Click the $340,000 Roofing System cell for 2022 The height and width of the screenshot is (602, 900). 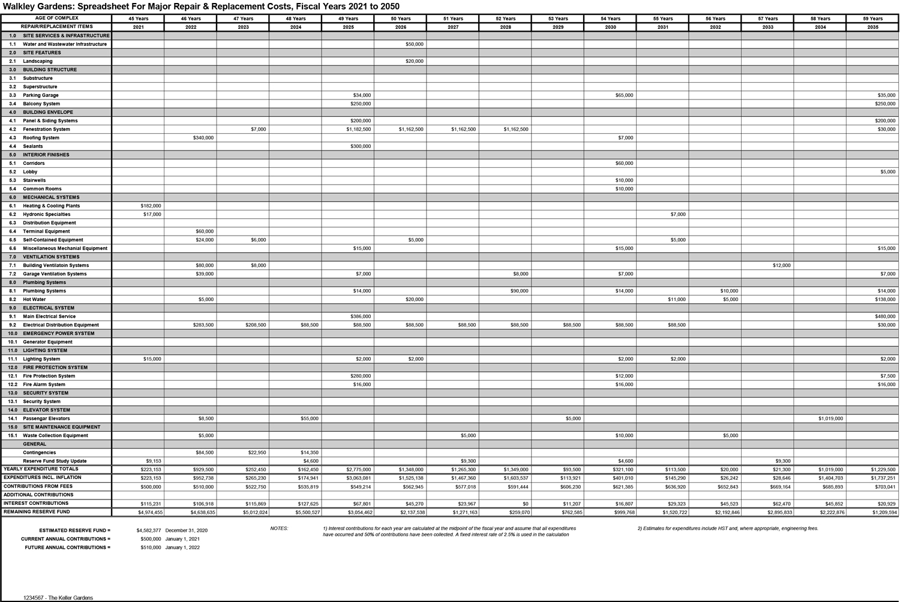point(203,138)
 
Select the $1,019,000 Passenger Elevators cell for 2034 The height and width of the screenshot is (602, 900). point(830,419)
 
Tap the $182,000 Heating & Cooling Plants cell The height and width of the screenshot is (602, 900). point(151,206)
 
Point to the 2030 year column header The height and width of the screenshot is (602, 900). point(610,27)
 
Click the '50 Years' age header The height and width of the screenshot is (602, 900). point(400,19)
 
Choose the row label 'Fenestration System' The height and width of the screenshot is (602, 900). point(46,130)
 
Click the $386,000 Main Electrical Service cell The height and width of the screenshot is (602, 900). point(361,317)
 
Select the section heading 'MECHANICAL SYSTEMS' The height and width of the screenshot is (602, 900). point(51,197)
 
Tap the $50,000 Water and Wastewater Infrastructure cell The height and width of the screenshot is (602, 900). point(414,44)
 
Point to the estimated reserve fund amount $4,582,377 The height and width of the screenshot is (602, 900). point(148,531)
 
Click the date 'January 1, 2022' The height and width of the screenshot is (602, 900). point(182,547)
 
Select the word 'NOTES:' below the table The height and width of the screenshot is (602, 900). point(279,529)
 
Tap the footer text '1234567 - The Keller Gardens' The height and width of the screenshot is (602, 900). point(58,598)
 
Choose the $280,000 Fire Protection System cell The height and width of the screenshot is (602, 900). point(361,376)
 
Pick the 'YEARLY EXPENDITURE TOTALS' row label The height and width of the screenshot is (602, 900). point(41,469)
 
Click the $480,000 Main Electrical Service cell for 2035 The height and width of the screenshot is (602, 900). point(885,317)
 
